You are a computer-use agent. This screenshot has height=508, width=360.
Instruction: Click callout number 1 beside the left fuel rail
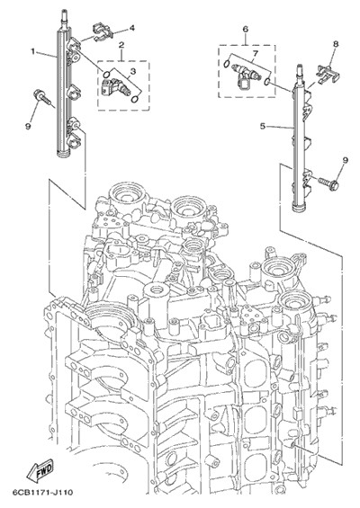32,51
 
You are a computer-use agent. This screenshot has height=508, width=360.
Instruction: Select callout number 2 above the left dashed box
121,45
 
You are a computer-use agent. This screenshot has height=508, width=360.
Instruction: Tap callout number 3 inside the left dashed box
133,71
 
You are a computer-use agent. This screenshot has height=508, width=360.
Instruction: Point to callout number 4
131,28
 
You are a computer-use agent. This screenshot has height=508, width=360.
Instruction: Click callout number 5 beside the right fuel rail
263,126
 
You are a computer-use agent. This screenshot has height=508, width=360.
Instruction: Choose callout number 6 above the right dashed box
245,29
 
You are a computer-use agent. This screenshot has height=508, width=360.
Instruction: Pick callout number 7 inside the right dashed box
256,53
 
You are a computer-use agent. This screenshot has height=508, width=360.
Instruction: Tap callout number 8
336,44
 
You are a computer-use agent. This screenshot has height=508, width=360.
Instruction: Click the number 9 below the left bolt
28,127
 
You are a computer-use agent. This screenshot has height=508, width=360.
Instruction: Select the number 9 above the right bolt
345,160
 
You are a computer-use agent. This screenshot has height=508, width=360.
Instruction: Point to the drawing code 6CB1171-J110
42,493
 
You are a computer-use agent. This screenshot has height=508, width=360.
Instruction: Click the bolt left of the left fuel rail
41,98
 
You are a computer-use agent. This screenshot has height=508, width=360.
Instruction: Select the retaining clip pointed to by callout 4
102,31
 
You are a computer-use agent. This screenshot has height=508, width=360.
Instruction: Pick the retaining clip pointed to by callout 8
328,75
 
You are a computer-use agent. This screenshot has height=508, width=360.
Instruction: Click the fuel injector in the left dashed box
115,86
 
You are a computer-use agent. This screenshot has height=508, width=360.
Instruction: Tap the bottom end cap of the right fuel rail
300,207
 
